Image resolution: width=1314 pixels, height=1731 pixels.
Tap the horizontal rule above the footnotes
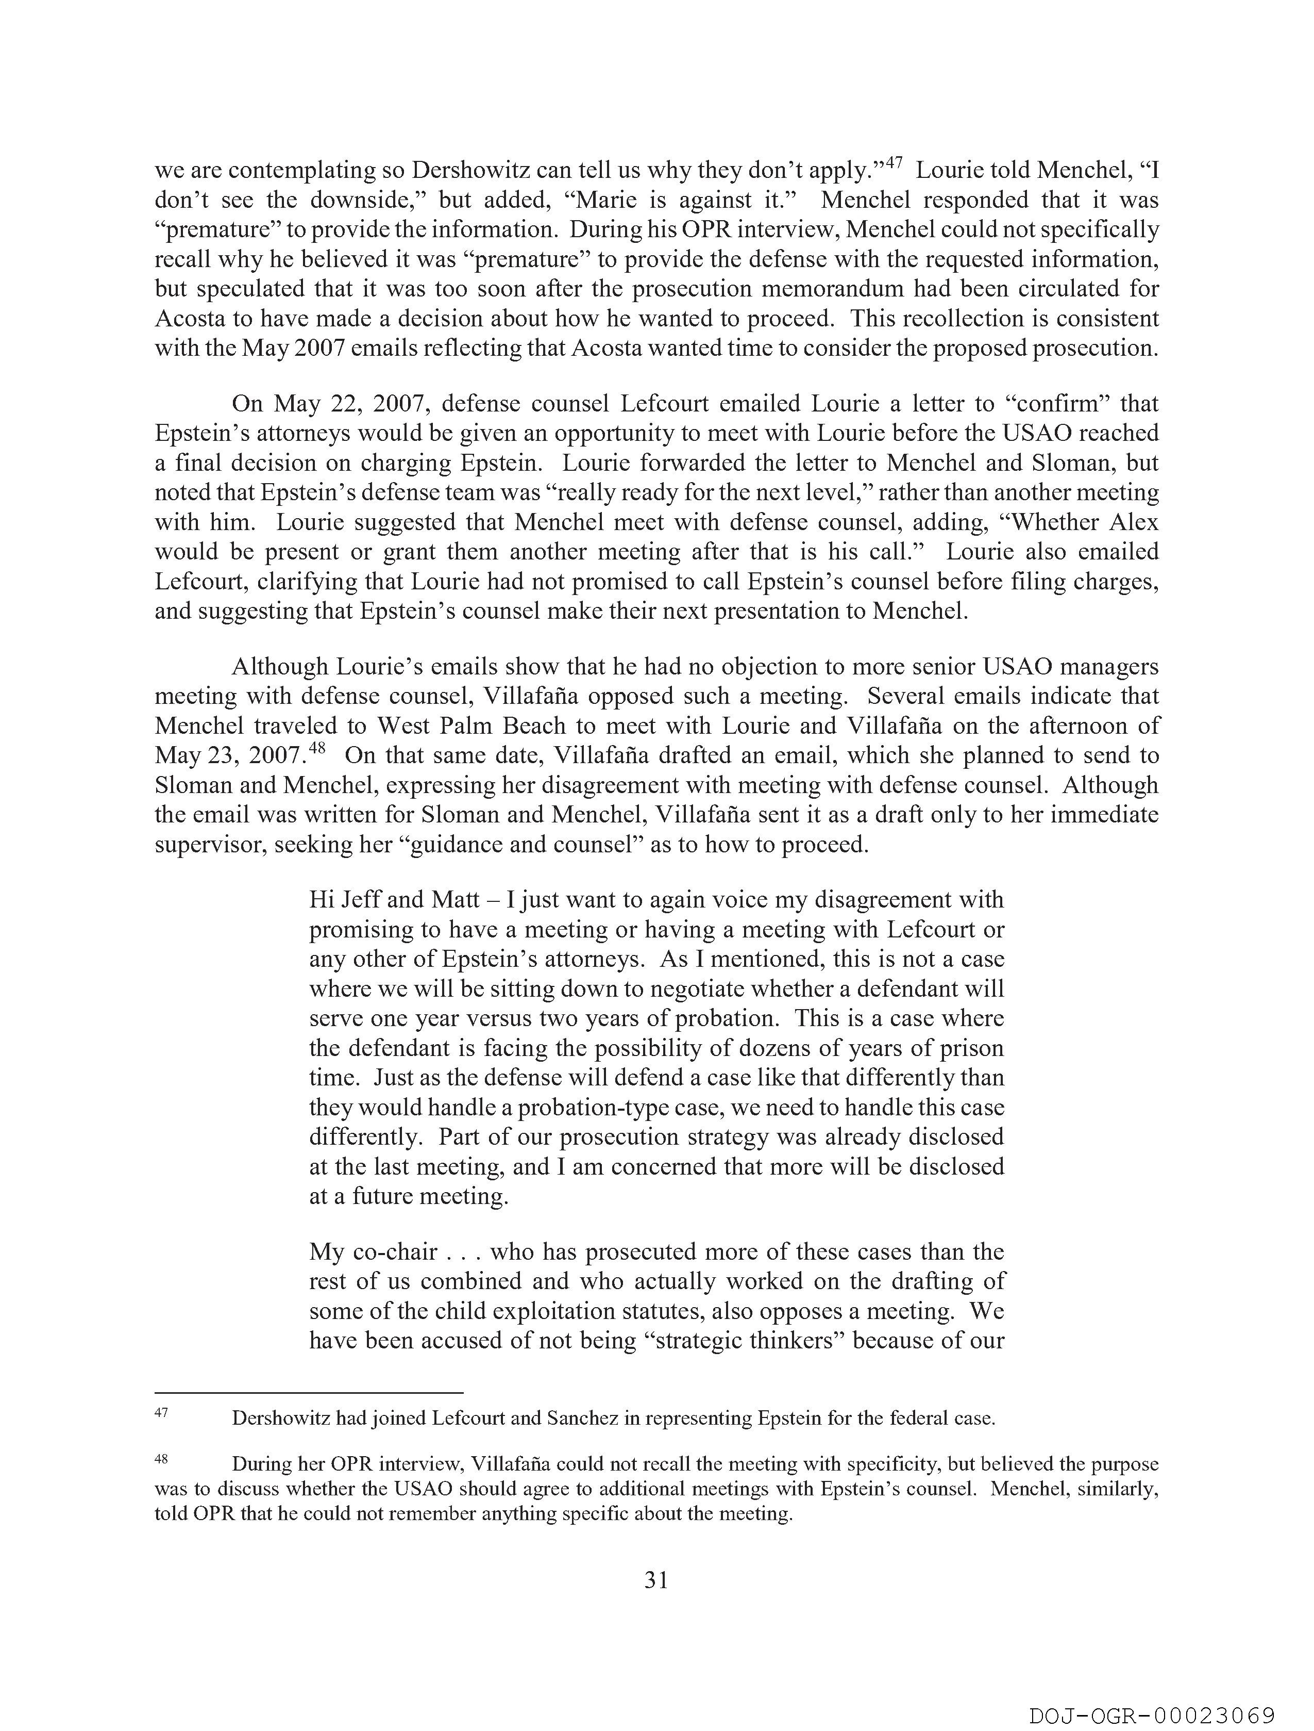(309, 1393)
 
